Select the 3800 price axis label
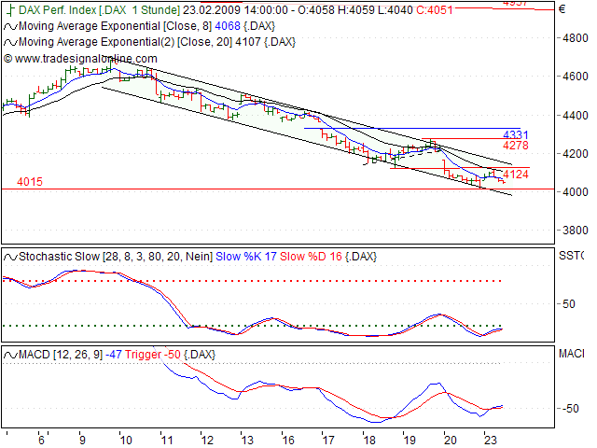point(572,230)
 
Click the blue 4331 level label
point(516,135)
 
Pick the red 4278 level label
point(516,147)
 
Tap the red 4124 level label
point(516,175)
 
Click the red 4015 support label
point(30,182)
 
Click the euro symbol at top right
point(561,10)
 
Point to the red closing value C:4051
point(434,10)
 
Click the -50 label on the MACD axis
point(570,409)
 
